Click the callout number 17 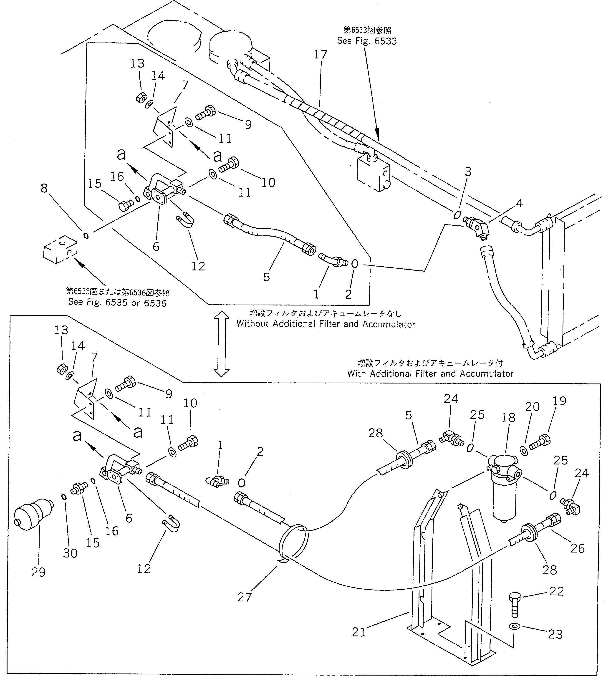pyautogui.click(x=320, y=54)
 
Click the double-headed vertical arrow pyautogui.click(x=221, y=343)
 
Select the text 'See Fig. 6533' pyautogui.click(x=367, y=41)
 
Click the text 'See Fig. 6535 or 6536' pyautogui.click(x=117, y=303)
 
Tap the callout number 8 pyautogui.click(x=44, y=189)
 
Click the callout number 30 pyautogui.click(x=70, y=553)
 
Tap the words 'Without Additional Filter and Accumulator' pyautogui.click(x=326, y=324)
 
